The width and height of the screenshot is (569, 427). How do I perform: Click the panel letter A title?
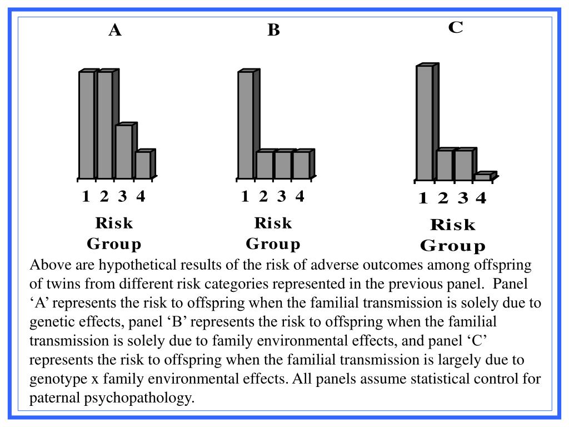(115, 30)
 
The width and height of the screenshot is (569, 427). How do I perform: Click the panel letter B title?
(273, 30)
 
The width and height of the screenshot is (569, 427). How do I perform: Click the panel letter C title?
(456, 27)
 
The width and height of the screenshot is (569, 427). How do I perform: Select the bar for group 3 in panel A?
(123, 151)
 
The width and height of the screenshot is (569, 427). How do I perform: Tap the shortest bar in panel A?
(142, 165)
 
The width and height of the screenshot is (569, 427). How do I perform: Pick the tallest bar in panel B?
(245, 125)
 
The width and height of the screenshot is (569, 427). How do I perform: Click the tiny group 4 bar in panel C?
(482, 177)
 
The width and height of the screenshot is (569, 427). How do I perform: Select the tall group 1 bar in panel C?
(424, 123)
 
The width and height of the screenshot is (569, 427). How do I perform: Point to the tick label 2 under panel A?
(104, 196)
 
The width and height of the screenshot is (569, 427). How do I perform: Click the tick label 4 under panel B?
(300, 196)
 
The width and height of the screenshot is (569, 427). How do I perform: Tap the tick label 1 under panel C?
(423, 198)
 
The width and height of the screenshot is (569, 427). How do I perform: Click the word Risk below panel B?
(273, 223)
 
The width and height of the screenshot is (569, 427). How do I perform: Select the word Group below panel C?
(452, 246)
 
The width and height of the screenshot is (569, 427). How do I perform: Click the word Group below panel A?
(114, 244)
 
